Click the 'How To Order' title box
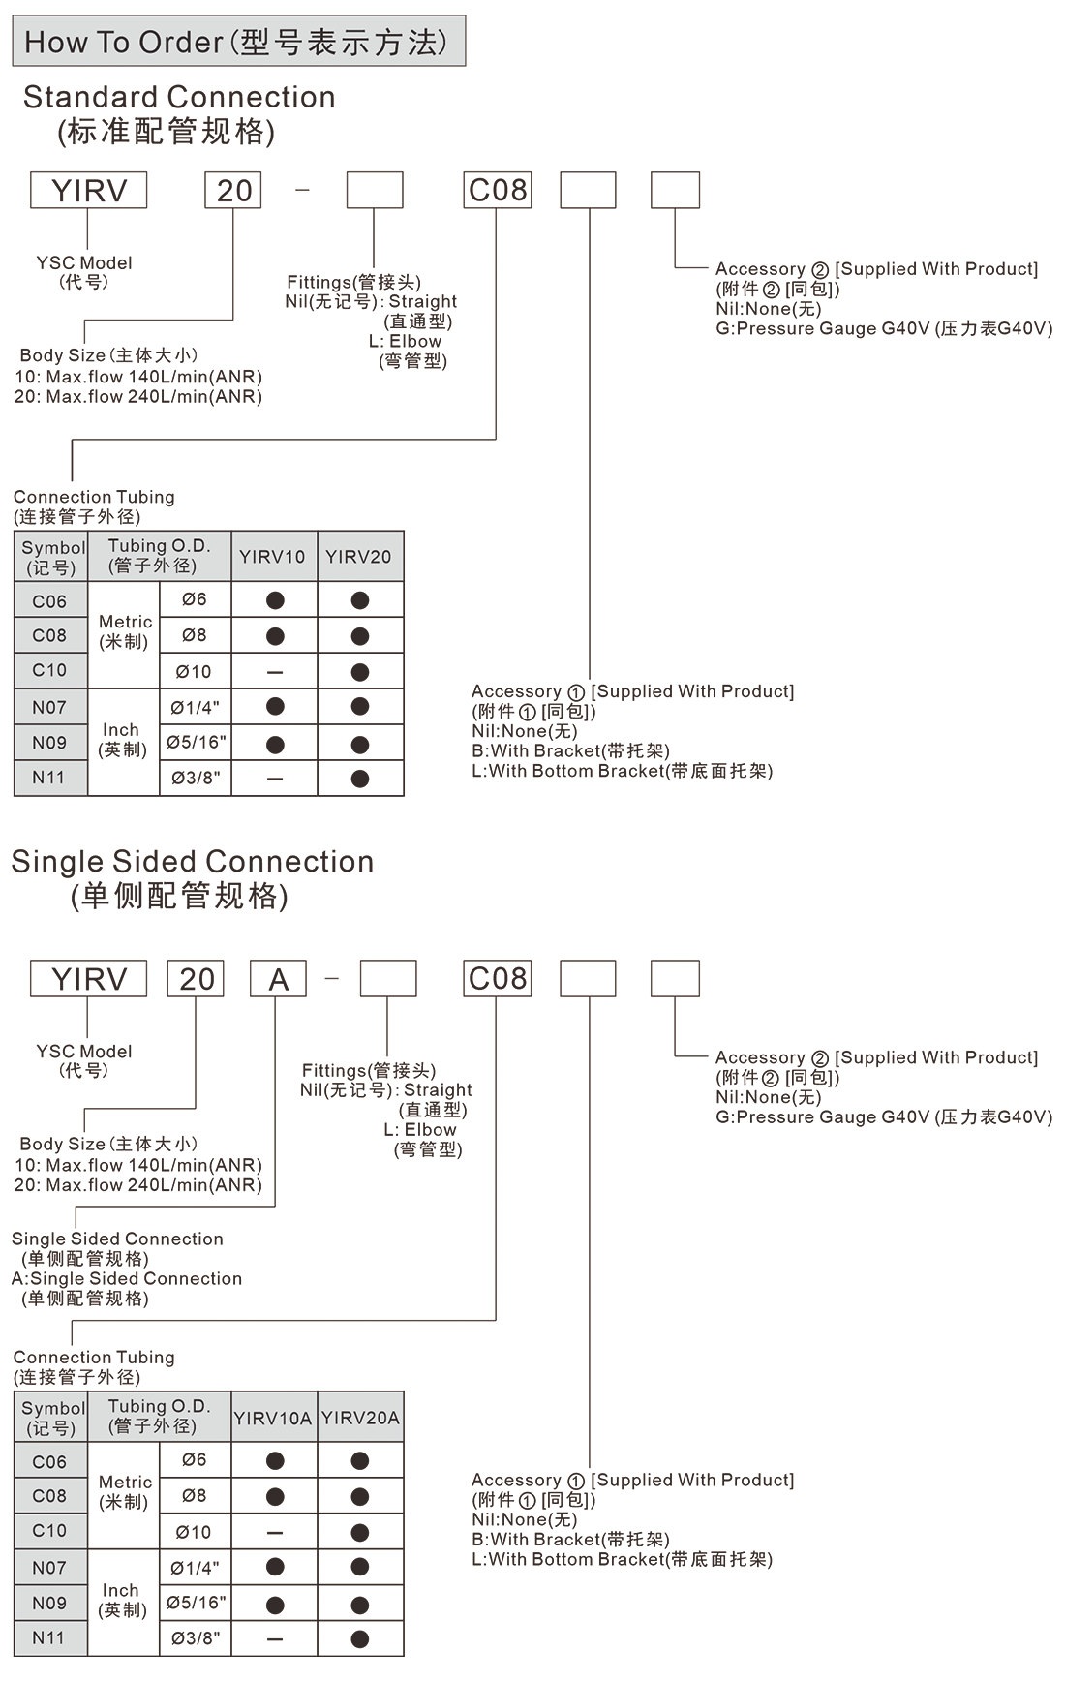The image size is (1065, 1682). click(238, 41)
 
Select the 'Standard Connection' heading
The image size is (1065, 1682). click(179, 97)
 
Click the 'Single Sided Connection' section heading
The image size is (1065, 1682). click(192, 861)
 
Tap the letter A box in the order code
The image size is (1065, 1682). click(278, 979)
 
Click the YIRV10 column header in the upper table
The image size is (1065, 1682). click(273, 557)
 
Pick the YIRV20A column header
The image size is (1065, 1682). click(360, 1418)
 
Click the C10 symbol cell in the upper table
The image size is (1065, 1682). click(50, 670)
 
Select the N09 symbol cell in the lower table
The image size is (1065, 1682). click(50, 1603)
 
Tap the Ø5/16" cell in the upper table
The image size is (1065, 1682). click(196, 743)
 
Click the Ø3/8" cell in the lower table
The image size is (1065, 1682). click(196, 1638)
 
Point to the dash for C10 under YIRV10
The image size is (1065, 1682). click(275, 672)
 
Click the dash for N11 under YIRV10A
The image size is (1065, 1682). click(275, 1639)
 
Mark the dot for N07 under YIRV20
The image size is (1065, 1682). click(360, 707)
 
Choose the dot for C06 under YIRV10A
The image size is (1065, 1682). click(275, 1461)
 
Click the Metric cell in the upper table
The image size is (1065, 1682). click(125, 631)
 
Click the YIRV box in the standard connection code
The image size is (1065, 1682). click(89, 191)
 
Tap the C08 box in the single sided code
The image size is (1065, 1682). click(498, 979)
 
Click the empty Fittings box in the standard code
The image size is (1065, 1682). click(375, 191)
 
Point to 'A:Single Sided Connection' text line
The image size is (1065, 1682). click(127, 1278)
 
